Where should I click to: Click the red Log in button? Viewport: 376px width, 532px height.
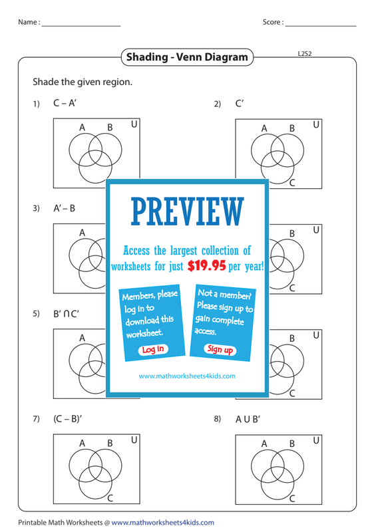153,350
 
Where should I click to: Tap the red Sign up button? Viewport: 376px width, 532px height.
220,349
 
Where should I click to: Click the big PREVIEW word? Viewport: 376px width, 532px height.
188,211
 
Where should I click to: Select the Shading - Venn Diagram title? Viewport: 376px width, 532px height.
187,57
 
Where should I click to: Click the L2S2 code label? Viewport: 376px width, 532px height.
305,54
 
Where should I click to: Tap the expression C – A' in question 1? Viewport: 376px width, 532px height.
65,103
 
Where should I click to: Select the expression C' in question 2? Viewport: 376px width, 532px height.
240,103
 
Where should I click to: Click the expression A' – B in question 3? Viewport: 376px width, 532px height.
64,208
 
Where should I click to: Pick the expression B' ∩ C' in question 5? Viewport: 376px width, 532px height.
66,314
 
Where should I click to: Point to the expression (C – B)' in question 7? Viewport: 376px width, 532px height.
68,419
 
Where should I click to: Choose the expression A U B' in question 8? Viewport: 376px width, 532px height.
248,420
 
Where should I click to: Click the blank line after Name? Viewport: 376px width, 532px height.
81,26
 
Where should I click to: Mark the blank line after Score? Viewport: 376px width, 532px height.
321,26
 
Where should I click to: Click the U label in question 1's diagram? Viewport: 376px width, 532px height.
134,124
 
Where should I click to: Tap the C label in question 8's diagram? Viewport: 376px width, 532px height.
292,498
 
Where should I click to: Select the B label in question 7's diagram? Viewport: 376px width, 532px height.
110,443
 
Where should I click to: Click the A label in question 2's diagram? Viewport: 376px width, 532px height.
264,128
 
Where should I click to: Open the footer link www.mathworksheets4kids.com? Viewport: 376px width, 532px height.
162,523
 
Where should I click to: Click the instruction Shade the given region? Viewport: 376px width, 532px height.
83,82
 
